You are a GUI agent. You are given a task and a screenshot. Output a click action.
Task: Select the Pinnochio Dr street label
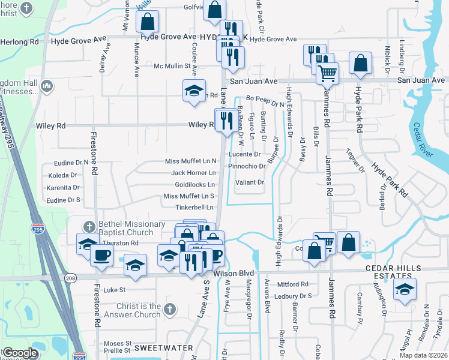247,166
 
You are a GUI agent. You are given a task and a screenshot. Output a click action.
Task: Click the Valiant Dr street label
249,182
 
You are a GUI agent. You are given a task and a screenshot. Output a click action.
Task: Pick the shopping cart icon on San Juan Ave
327,73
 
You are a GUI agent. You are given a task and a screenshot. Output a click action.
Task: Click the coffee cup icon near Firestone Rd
101,254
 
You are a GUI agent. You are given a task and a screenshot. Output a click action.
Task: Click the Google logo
20,353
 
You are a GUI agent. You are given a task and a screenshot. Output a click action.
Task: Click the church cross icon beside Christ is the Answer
170,310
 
